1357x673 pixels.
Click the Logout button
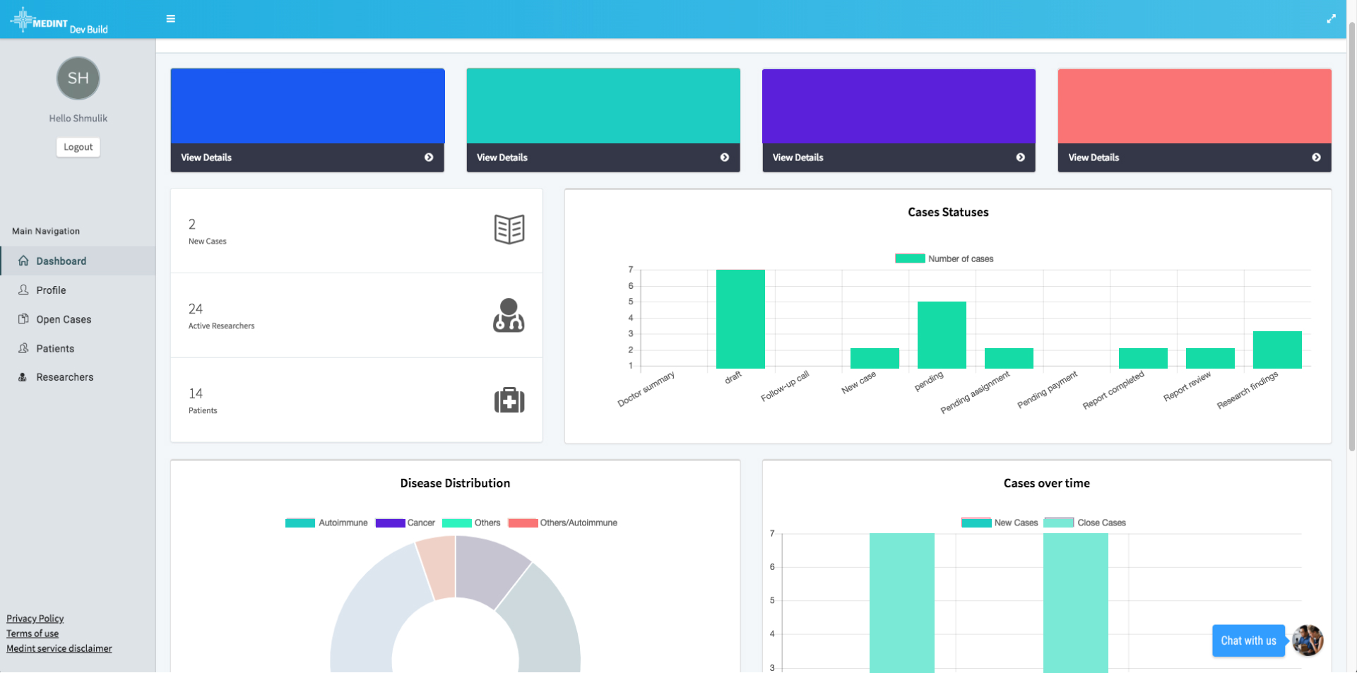click(x=78, y=147)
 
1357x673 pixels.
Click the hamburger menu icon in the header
click(x=171, y=19)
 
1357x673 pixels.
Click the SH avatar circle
click(x=78, y=78)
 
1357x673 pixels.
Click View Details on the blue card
click(x=206, y=157)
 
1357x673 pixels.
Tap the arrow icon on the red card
click(x=1316, y=157)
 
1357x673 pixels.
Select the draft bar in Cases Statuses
click(x=740, y=319)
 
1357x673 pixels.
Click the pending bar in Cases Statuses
click(x=942, y=335)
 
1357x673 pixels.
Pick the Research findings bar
click(x=1277, y=350)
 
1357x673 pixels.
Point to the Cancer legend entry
click(x=405, y=523)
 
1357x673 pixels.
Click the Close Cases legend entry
click(x=1085, y=523)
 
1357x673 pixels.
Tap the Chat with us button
click(x=1248, y=641)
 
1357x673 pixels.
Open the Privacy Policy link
click(x=35, y=619)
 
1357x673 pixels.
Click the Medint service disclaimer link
click(x=59, y=648)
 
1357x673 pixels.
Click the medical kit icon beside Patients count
click(x=509, y=400)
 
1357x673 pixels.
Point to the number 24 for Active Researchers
click(x=196, y=309)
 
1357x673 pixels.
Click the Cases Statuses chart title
click(x=948, y=213)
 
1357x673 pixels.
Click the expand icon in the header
click(x=1331, y=19)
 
